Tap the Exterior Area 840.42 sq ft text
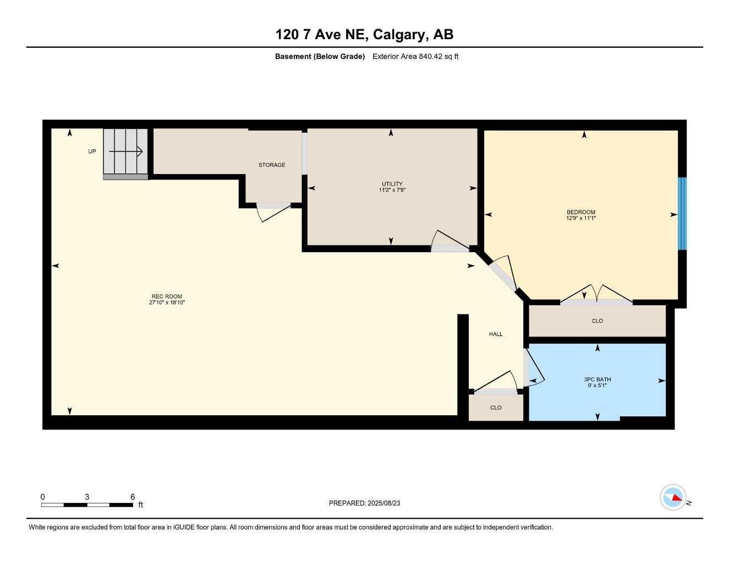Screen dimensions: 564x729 point(415,56)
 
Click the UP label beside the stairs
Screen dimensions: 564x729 point(92,151)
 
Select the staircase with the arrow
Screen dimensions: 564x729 point(125,151)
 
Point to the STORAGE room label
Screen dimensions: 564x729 point(272,165)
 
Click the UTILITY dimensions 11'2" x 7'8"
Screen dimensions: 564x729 point(392,190)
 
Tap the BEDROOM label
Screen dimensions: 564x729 point(580,212)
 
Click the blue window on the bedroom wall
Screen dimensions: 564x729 point(682,213)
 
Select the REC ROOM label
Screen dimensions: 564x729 point(167,296)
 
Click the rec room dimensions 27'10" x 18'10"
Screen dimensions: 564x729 point(167,302)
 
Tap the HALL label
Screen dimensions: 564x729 point(496,334)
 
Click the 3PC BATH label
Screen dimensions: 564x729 point(597,379)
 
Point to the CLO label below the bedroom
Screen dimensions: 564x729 point(597,321)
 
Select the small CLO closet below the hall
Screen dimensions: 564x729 point(496,408)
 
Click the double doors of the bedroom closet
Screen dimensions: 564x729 point(596,295)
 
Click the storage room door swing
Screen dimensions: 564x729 point(273,212)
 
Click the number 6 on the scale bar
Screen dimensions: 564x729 point(133,497)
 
